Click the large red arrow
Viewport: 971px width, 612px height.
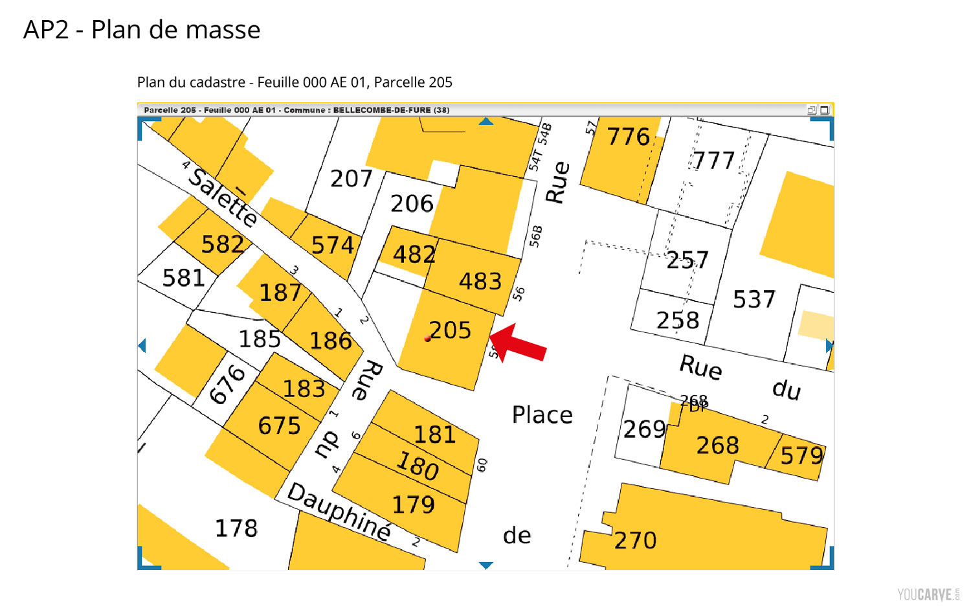click(519, 343)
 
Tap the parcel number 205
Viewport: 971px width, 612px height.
click(451, 330)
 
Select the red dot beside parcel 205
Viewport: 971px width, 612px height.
click(427, 339)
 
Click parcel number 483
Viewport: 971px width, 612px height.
click(480, 281)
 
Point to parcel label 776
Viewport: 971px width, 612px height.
click(628, 137)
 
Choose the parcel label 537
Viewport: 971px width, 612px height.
click(753, 299)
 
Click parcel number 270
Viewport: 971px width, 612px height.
click(635, 540)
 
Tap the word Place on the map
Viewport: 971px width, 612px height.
click(542, 415)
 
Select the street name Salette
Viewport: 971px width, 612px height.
click(223, 197)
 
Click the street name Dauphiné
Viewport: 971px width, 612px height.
click(339, 512)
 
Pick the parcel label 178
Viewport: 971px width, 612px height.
click(236, 528)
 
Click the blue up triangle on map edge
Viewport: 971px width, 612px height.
click(486, 121)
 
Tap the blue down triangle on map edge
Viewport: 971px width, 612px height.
click(486, 565)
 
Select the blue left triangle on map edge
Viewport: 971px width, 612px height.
click(142, 346)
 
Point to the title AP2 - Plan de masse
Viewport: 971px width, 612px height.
click(142, 30)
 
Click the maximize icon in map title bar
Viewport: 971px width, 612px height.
click(825, 110)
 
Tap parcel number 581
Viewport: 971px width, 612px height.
click(183, 278)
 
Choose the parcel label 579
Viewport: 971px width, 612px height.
click(801, 456)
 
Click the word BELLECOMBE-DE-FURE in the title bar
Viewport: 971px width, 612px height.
click(382, 110)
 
